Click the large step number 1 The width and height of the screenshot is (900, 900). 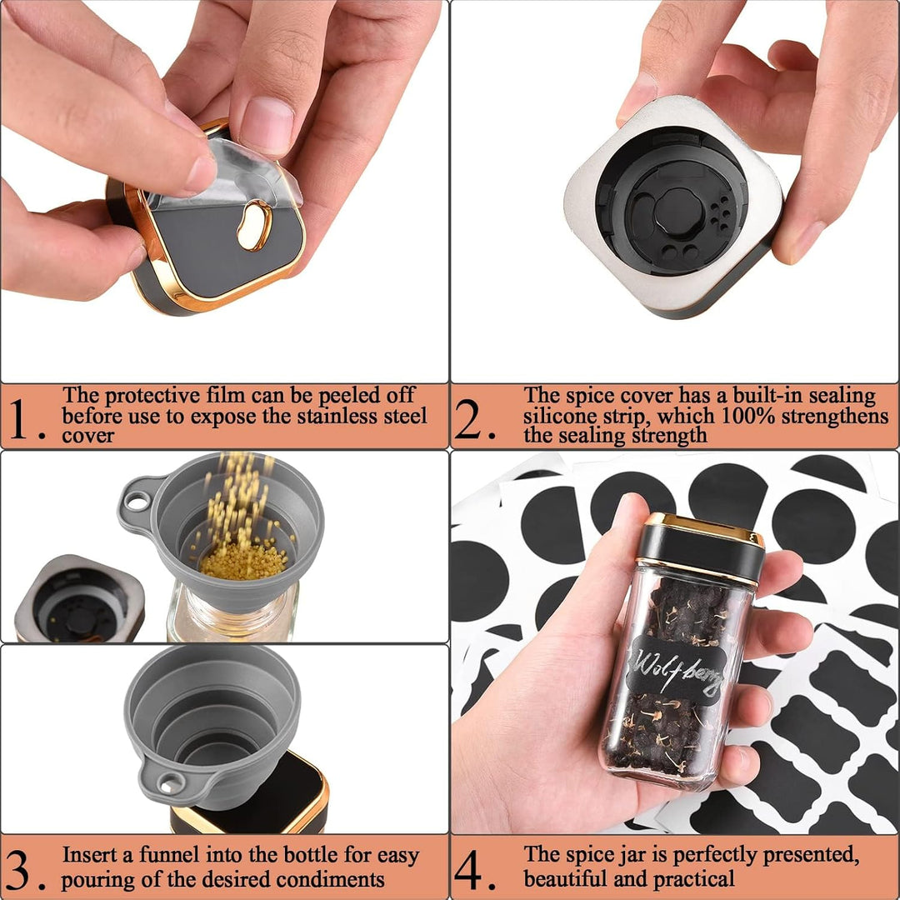click(x=19, y=418)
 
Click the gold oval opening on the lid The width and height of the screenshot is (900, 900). click(x=255, y=226)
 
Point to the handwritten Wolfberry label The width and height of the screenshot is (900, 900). click(x=676, y=669)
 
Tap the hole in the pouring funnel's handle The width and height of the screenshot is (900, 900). click(x=137, y=502)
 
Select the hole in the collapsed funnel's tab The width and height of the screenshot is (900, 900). click(x=171, y=783)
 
